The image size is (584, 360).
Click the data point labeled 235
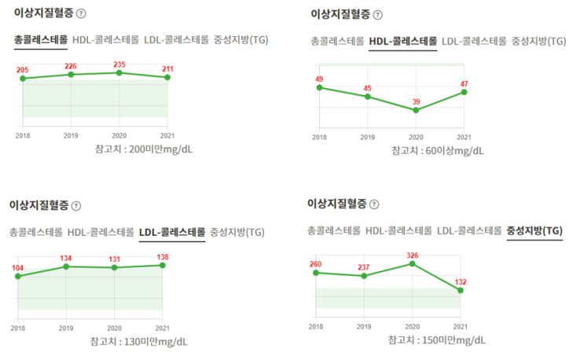pyautogui.click(x=119, y=72)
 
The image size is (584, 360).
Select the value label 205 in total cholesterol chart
pyautogui.click(x=22, y=69)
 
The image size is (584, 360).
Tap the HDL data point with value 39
pyautogui.click(x=416, y=110)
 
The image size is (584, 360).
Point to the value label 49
pyautogui.click(x=319, y=79)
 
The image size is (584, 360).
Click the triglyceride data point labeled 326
pyautogui.click(x=412, y=263)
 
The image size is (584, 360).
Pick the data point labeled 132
pyautogui.click(x=460, y=290)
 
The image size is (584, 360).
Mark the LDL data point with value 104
pyautogui.click(x=18, y=276)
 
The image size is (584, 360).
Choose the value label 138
pyautogui.click(x=162, y=256)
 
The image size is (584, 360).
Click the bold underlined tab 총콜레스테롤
pyautogui.click(x=40, y=39)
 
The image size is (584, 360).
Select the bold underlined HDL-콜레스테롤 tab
pyautogui.click(x=402, y=41)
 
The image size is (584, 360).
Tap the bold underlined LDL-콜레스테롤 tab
pyautogui.click(x=171, y=232)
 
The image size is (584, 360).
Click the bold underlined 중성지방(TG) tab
pyautogui.click(x=534, y=230)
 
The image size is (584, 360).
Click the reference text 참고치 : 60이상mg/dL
pyautogui.click(x=438, y=150)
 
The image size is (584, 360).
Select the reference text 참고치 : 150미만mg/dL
pyautogui.click(x=436, y=340)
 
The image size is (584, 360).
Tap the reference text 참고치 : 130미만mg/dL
pyautogui.click(x=138, y=341)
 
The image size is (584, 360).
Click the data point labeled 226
pyautogui.click(x=71, y=74)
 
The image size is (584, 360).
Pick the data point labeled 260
pyautogui.click(x=315, y=273)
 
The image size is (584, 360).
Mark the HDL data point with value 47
pyautogui.click(x=465, y=92)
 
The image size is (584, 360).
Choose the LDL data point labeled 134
pyautogui.click(x=66, y=266)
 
